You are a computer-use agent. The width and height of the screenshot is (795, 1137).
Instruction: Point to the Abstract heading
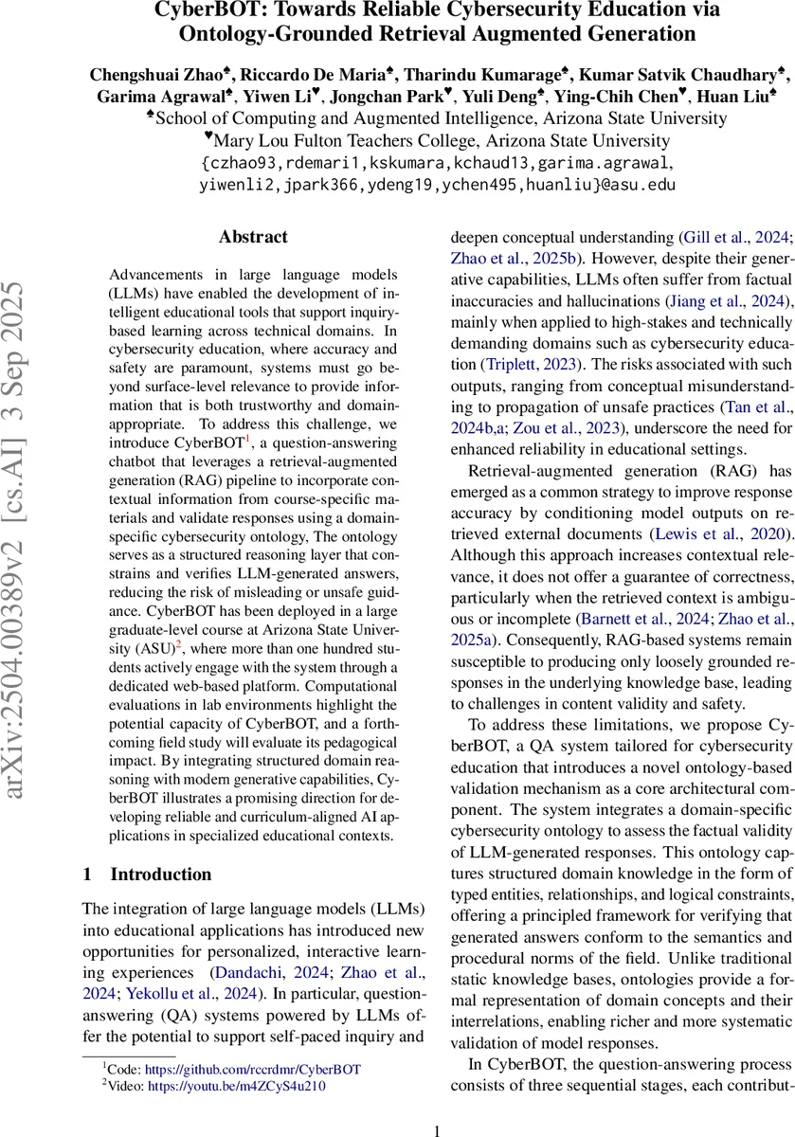pos(253,237)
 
